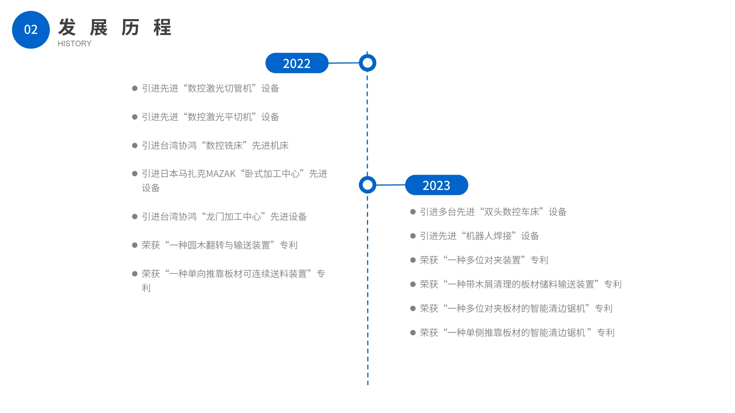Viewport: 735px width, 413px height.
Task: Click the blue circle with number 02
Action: (31, 30)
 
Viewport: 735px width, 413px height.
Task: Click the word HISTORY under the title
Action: (74, 44)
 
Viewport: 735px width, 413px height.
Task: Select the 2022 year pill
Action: (297, 63)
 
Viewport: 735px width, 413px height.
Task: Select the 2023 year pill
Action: (436, 185)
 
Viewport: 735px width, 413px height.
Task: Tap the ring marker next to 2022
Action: (367, 63)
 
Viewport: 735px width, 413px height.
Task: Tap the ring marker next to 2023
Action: (367, 185)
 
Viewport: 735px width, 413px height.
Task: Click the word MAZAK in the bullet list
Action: (220, 173)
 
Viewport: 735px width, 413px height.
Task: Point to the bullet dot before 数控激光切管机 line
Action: (135, 88)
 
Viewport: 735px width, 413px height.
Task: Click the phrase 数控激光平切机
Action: (220, 117)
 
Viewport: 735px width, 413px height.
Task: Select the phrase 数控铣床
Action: (224, 145)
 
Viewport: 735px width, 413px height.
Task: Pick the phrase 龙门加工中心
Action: (234, 217)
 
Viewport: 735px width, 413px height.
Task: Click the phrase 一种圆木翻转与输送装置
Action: (220, 245)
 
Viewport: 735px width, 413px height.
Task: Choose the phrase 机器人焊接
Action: (488, 236)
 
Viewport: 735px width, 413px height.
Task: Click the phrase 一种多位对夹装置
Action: (484, 260)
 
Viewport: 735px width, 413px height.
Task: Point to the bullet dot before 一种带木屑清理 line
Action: (412, 284)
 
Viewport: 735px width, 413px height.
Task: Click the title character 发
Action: (67, 28)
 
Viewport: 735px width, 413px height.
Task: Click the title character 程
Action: (162, 28)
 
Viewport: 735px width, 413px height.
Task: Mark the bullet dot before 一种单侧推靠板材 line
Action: (412, 332)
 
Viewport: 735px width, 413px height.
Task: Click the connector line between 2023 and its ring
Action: (391, 185)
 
